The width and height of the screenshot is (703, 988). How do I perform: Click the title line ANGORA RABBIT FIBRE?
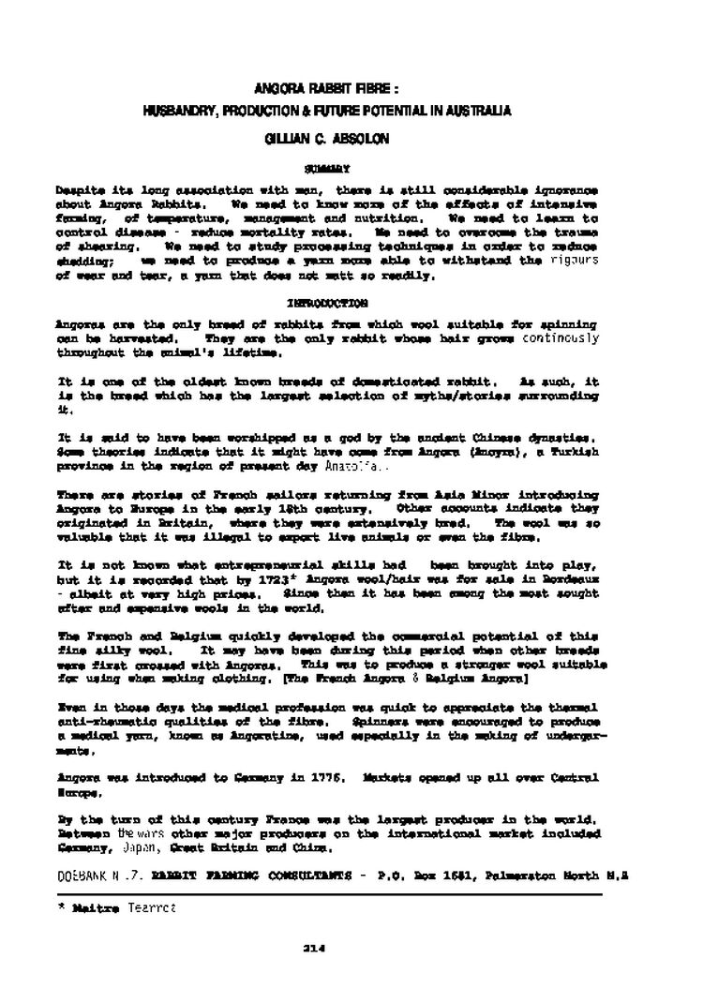(x=326, y=89)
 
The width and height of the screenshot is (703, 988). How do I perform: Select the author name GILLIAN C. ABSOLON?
(x=326, y=138)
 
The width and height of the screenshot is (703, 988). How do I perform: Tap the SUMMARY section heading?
(x=327, y=169)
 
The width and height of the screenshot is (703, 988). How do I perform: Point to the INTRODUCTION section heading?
(x=327, y=303)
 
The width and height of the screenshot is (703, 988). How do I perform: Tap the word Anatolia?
(x=351, y=465)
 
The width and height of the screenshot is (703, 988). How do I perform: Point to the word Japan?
(x=138, y=848)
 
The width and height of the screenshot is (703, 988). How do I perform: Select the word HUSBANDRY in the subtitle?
(x=178, y=111)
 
